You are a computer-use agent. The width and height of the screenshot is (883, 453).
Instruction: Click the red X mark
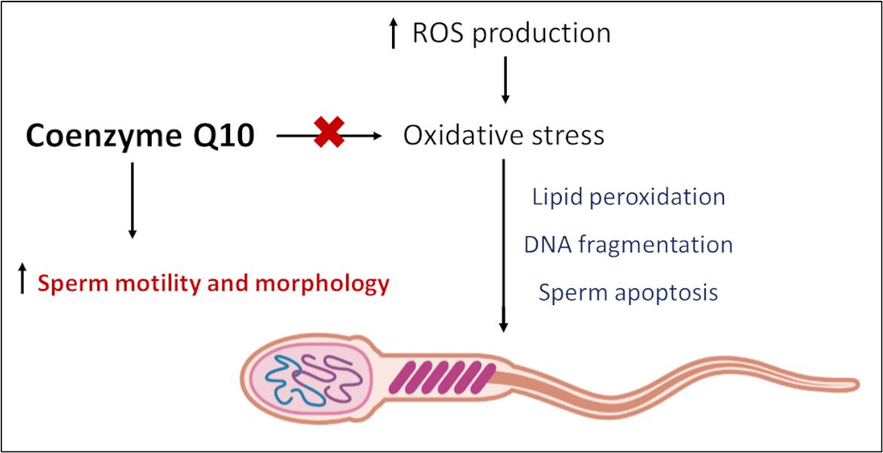point(329,136)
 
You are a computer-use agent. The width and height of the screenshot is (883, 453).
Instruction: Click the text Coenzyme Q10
point(140,137)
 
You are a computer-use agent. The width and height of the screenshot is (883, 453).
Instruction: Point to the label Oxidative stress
point(504,136)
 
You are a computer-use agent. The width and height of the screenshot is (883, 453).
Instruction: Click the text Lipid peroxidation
point(628,197)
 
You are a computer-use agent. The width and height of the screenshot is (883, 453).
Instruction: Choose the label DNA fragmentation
point(628,245)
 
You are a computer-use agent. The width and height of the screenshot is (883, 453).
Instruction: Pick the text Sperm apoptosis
point(628,292)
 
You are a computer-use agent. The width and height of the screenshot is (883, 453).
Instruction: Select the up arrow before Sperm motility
point(22,279)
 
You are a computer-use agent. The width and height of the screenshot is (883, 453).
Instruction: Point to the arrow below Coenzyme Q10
point(132,200)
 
